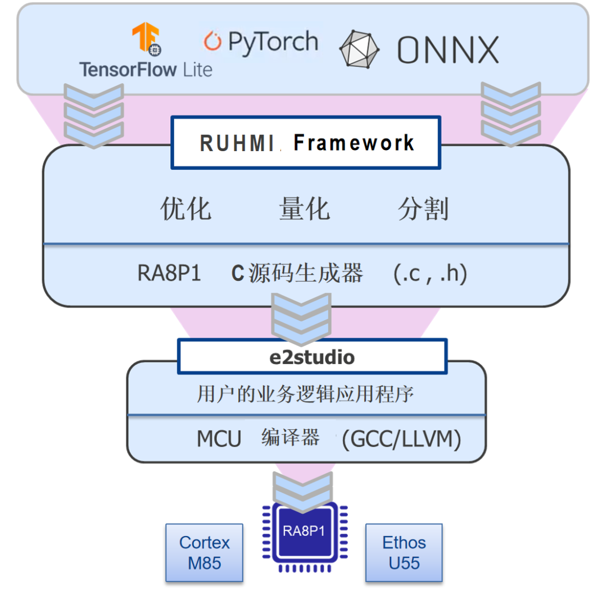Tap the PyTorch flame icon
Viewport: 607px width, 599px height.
[x=212, y=41]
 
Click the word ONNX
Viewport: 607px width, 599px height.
[x=448, y=50]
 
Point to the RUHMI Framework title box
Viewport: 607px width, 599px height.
[x=306, y=143]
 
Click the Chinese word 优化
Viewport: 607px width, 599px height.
[x=186, y=209]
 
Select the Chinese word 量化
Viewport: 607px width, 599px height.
[x=304, y=209]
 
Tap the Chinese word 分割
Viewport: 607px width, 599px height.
[x=423, y=209]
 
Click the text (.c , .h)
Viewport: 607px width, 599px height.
[x=431, y=274]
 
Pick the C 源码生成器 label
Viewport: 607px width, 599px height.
[x=297, y=274]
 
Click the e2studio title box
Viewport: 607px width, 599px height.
[x=312, y=356]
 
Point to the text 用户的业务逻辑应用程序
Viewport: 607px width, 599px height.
[x=306, y=394]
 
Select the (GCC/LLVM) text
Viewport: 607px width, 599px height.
[x=401, y=439]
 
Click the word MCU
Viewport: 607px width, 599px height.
[x=219, y=439]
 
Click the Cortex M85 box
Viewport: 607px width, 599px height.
[x=205, y=552]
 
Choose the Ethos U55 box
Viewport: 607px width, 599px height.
[x=404, y=552]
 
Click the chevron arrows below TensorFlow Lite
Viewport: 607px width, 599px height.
[x=93, y=115]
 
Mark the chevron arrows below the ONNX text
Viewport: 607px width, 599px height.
[x=510, y=115]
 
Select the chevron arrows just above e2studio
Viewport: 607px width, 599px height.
[x=301, y=320]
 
